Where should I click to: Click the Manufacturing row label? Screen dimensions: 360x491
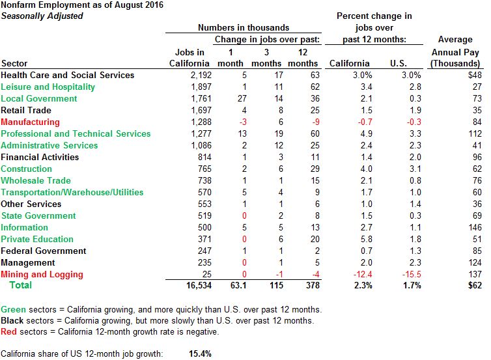(30, 122)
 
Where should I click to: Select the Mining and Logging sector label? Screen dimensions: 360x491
(42, 274)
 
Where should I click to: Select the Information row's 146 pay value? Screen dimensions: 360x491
(475, 227)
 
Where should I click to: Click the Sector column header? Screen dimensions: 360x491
(15, 63)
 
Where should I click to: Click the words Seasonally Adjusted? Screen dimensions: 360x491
(42, 16)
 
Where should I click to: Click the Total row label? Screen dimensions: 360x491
(20, 286)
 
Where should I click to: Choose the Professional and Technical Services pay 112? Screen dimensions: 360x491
(475, 133)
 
